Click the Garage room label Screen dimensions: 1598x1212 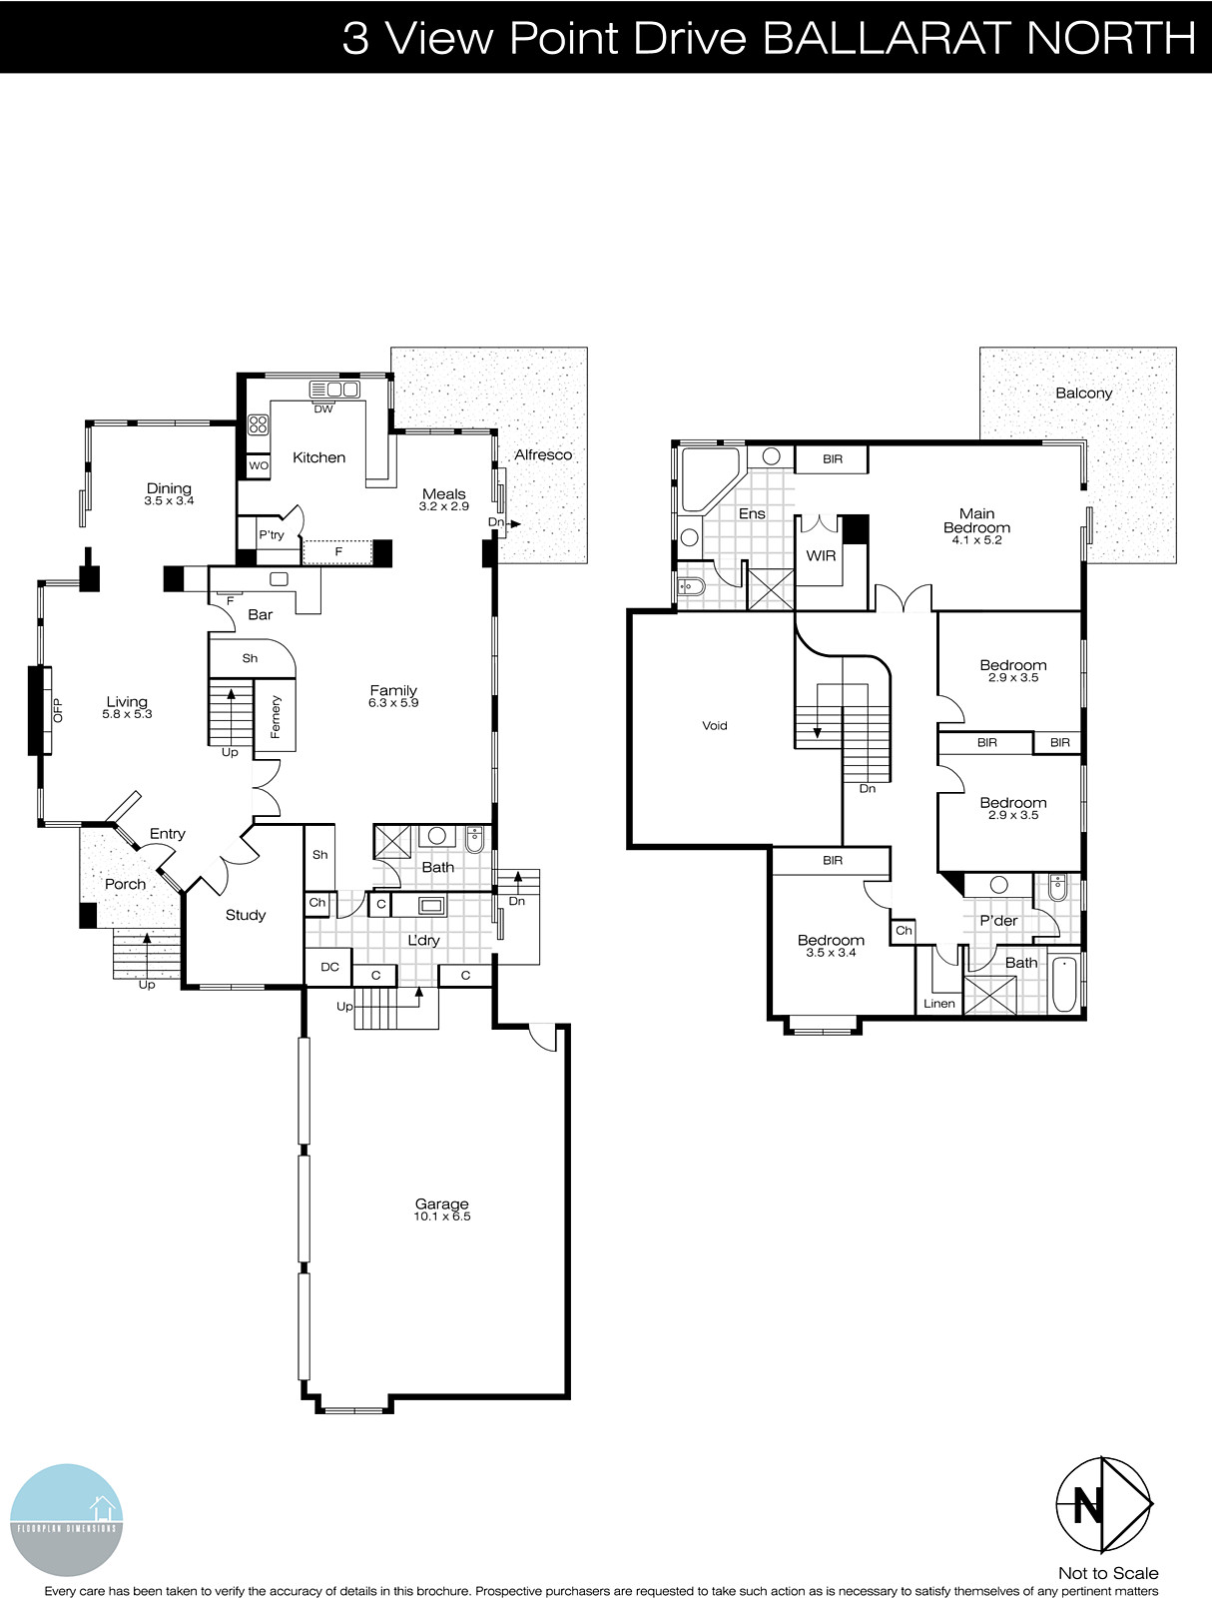pos(441,1204)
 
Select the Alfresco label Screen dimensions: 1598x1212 pos(543,454)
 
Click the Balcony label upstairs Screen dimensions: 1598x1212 pos(1083,393)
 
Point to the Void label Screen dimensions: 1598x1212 pos(715,726)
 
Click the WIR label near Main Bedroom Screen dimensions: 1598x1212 pos(821,555)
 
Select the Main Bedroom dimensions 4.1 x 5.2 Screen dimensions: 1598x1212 pos(977,540)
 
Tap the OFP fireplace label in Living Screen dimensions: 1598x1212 pos(57,709)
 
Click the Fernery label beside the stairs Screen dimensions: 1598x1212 pos(276,716)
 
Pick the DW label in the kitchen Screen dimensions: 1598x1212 pos(322,409)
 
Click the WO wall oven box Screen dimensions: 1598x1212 pos(259,465)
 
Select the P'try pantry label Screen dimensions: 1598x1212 pos(272,535)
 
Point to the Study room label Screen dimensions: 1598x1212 pos(246,915)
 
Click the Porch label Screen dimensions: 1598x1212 pos(126,884)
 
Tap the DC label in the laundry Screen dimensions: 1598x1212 pos(329,967)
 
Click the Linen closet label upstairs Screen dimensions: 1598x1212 pos(939,1003)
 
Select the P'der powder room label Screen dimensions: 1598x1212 pos(998,921)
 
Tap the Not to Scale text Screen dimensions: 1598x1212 pos(1108,1573)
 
